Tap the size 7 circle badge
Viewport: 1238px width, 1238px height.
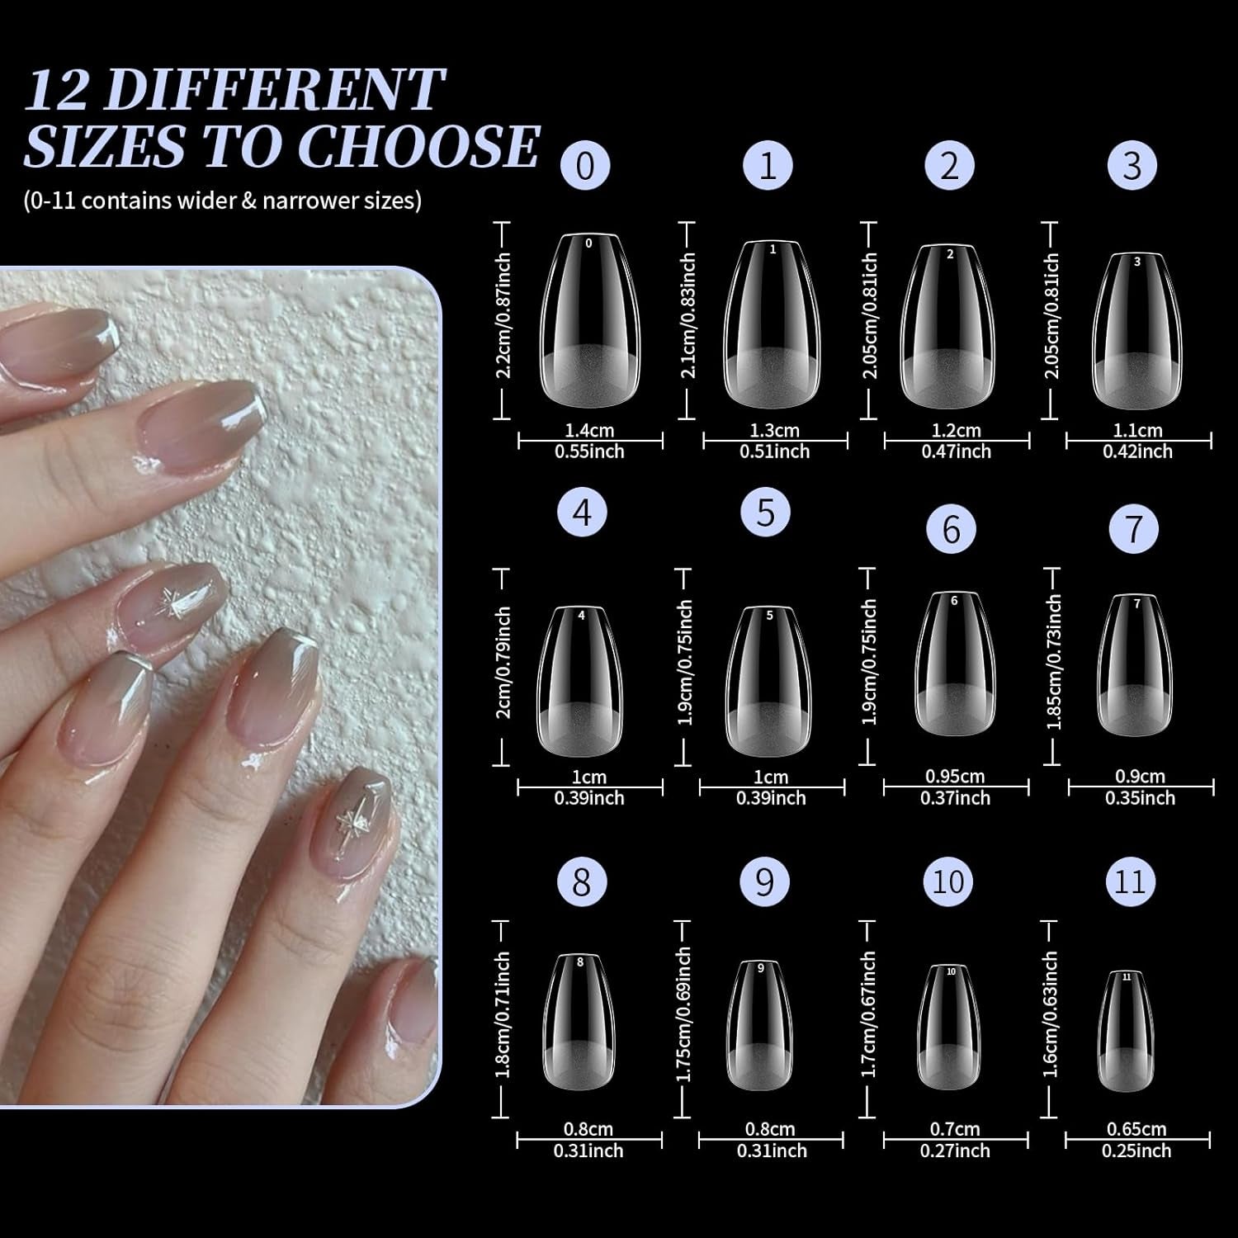coord(1134,529)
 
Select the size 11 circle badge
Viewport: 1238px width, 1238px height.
coord(1131,882)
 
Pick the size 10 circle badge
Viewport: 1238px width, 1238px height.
coord(948,882)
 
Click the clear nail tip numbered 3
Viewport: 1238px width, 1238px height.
coord(1136,330)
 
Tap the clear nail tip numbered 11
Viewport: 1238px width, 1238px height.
coord(1127,1031)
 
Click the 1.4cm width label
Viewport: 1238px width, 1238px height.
coord(589,430)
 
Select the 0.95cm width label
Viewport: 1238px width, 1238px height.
coord(955,777)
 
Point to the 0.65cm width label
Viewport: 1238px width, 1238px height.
coord(1136,1129)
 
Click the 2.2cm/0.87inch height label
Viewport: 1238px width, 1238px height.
coord(503,315)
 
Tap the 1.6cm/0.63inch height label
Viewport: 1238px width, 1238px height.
coord(1051,1014)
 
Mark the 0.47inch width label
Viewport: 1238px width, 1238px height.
coord(956,451)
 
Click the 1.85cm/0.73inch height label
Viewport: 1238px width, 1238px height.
coord(1053,662)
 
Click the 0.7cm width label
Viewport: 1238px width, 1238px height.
coord(955,1129)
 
